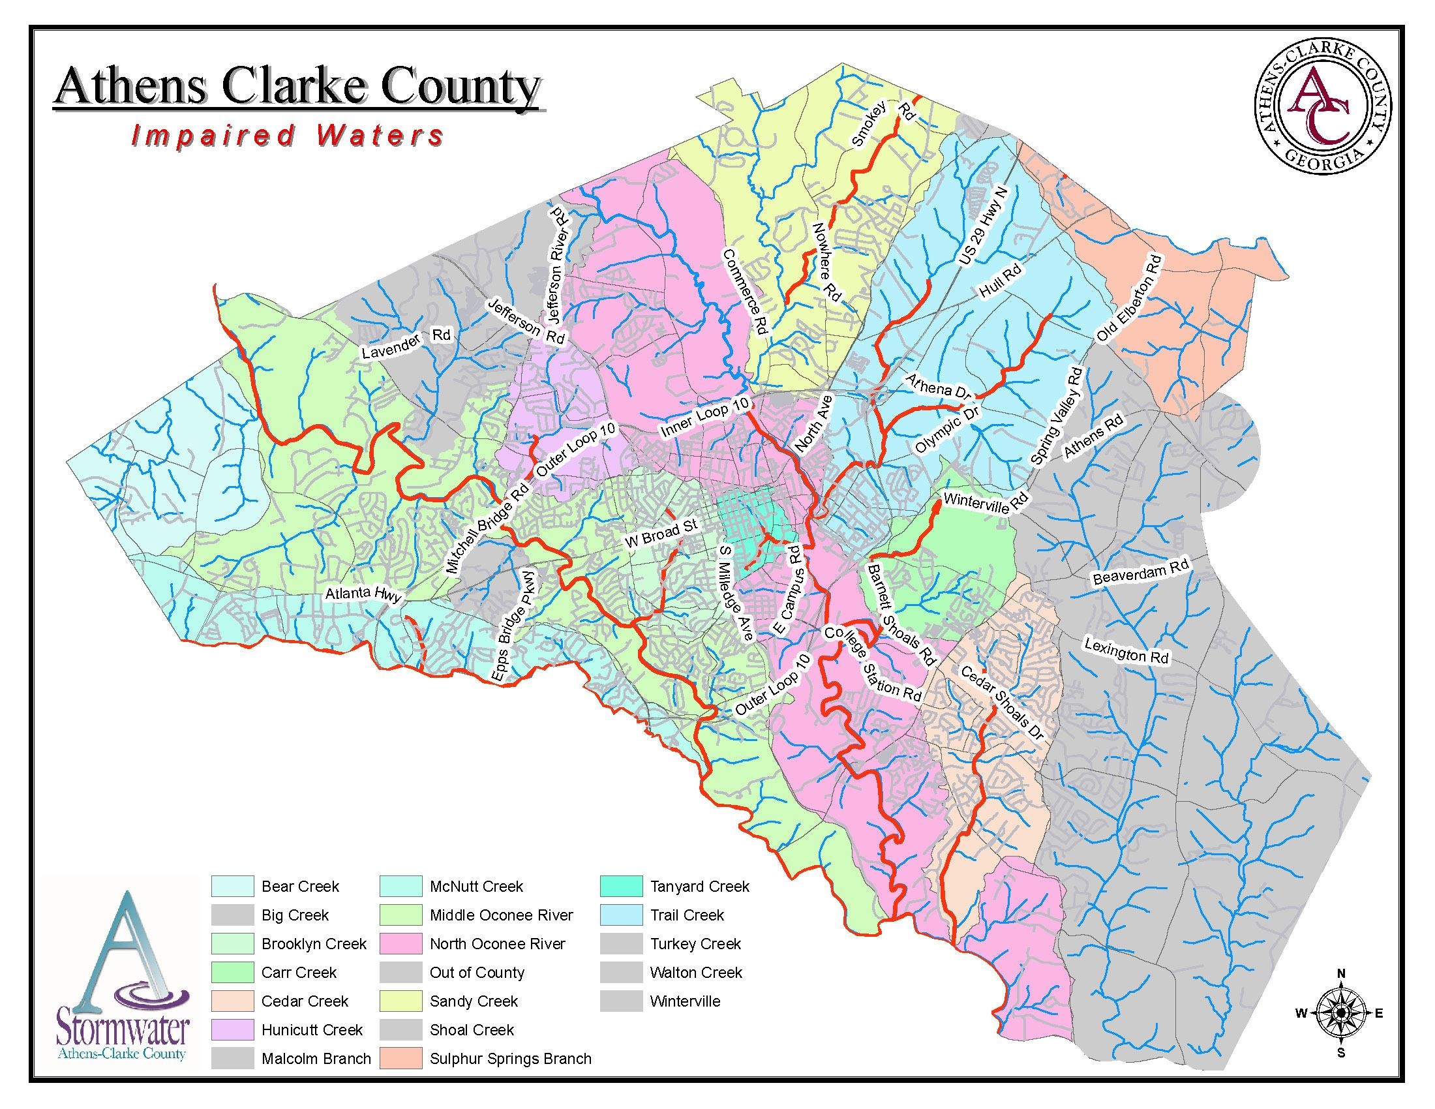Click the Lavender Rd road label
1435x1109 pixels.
coord(406,343)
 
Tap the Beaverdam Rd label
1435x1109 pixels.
coord(1141,571)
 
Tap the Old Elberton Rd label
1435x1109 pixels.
coord(1129,299)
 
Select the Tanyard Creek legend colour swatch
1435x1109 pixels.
coord(621,887)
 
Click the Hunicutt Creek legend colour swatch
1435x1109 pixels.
coord(232,1029)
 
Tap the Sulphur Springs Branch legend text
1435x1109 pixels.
coord(511,1058)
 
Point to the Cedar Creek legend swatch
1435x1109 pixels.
coord(232,1001)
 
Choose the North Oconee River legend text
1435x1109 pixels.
coord(498,943)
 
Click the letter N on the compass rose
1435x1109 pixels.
coord(1342,974)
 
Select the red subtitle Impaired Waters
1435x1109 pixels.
coord(288,135)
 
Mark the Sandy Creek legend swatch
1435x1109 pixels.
coord(400,1001)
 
